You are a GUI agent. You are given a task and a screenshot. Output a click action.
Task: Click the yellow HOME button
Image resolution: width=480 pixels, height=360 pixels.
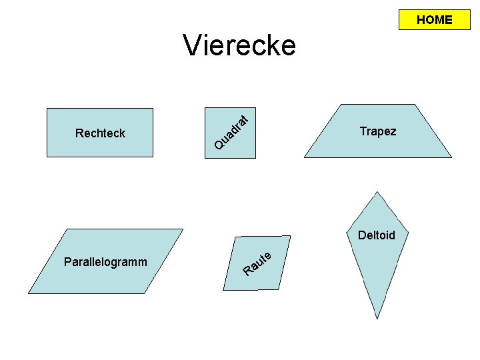tap(434, 20)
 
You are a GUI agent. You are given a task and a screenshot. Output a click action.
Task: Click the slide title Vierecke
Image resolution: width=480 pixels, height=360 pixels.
tap(239, 46)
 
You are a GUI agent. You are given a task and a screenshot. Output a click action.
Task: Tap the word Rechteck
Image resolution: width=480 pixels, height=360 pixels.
tap(100, 133)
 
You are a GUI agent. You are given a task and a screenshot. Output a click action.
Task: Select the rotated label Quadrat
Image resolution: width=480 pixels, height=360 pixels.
tap(232, 132)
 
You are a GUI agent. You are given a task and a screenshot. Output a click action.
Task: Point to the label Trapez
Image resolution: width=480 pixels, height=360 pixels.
tap(377, 131)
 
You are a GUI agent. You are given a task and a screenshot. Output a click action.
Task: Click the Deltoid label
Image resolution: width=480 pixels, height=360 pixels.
tap(377, 235)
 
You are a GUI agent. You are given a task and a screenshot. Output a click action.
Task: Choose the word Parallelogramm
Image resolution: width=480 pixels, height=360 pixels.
tap(105, 261)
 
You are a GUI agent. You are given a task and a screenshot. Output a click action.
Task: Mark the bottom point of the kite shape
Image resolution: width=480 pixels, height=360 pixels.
tap(377, 319)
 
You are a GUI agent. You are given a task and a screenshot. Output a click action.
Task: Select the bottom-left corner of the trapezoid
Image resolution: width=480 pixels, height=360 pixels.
tap(304, 157)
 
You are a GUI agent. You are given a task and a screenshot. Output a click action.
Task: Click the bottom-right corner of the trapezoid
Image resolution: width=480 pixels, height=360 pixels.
tap(451, 157)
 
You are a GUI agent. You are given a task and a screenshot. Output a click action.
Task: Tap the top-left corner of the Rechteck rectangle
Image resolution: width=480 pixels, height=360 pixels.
tap(47, 108)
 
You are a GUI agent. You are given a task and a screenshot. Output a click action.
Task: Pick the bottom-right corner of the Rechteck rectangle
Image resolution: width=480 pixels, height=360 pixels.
tap(153, 157)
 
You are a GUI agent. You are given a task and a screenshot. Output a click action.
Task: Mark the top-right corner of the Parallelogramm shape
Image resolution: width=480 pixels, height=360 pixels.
tap(183, 229)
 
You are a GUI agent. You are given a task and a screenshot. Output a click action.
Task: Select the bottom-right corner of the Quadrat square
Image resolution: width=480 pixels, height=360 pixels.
tap(255, 157)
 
